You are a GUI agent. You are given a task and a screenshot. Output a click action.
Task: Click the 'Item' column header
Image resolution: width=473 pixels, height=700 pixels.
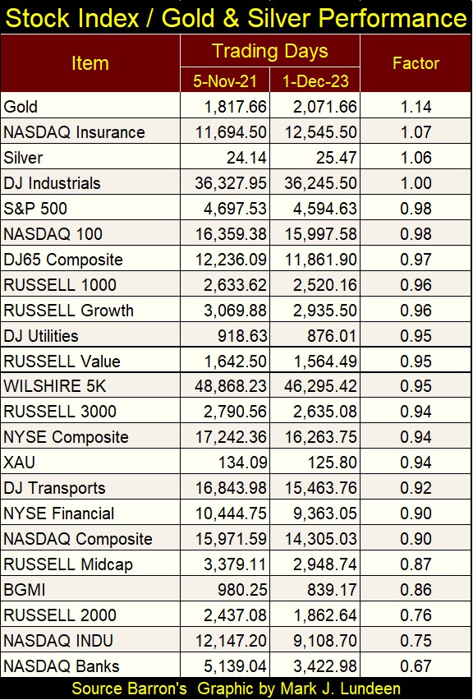pos(90,63)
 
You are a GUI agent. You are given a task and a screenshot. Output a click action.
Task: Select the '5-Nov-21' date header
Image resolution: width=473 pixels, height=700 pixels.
pos(225,81)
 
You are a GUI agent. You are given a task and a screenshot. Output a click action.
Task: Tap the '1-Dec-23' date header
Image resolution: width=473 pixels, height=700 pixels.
pos(315,81)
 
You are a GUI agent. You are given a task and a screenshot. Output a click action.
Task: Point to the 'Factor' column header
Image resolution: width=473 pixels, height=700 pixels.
pos(416,63)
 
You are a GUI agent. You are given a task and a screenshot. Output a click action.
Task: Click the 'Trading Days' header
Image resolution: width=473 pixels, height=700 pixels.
pos(270,51)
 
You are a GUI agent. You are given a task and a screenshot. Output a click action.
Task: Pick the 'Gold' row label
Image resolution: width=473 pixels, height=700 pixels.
pos(21,107)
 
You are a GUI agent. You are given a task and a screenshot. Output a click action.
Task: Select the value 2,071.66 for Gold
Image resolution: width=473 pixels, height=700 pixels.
pos(325,107)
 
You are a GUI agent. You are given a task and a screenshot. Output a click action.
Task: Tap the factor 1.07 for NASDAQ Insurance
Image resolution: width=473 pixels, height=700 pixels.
pos(416,132)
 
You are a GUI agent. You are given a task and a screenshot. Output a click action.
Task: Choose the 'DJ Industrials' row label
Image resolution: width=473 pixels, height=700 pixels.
pos(52,183)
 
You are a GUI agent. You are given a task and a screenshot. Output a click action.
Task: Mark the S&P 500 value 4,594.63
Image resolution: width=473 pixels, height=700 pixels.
pos(325,209)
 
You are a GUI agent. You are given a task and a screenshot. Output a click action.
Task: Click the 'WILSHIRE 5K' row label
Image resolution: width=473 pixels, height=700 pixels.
pos(54,386)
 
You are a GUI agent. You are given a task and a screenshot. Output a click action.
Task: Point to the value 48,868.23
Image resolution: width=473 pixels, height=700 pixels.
pos(231,386)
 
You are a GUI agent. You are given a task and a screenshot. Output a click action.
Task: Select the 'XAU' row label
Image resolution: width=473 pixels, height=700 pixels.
pos(19,463)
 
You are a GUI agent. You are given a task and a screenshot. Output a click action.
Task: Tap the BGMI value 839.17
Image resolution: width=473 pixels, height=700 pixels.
pos(332,590)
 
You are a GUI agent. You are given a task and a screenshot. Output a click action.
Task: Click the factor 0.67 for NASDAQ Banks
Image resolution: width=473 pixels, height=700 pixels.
pos(416,666)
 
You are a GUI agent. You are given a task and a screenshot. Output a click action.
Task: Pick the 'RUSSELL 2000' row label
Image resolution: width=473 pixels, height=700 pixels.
pos(60,615)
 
